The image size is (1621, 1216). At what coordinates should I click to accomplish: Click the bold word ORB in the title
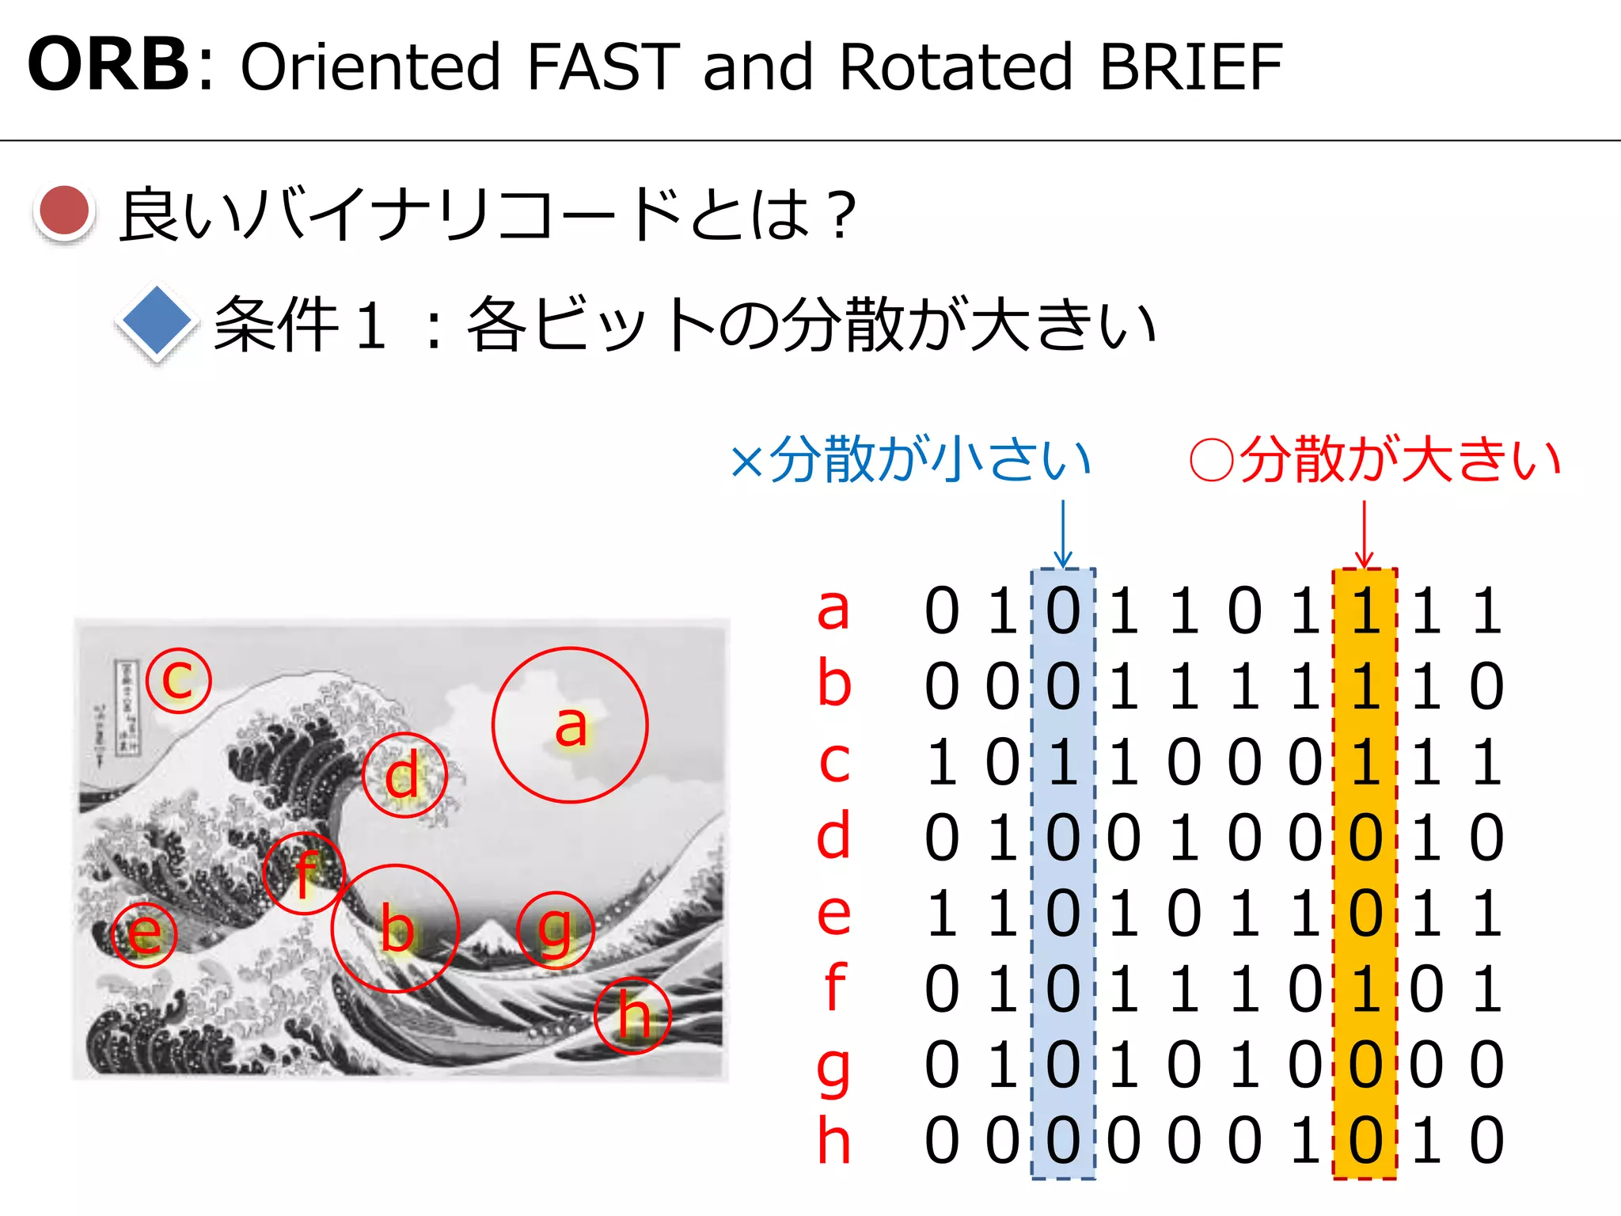click(x=108, y=65)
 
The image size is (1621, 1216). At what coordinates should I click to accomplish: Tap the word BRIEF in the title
click(x=1190, y=66)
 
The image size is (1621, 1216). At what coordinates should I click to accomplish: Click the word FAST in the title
click(x=602, y=66)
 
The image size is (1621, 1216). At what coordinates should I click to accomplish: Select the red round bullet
click(x=65, y=211)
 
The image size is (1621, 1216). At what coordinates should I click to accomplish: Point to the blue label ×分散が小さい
click(x=911, y=459)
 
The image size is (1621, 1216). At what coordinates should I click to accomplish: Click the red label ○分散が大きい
click(x=1376, y=459)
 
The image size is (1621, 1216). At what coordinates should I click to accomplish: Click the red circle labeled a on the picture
click(x=570, y=725)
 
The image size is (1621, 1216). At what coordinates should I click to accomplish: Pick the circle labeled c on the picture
click(x=179, y=680)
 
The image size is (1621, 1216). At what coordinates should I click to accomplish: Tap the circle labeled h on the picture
click(x=633, y=1015)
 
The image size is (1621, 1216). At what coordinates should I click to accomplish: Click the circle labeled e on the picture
click(x=144, y=934)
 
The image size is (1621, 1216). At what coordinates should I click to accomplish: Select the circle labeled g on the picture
click(x=555, y=931)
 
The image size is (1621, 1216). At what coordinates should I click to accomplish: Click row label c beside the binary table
click(x=834, y=762)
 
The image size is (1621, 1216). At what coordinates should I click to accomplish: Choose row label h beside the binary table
click(x=834, y=1141)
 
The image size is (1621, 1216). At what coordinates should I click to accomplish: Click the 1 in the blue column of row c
click(x=1063, y=762)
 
